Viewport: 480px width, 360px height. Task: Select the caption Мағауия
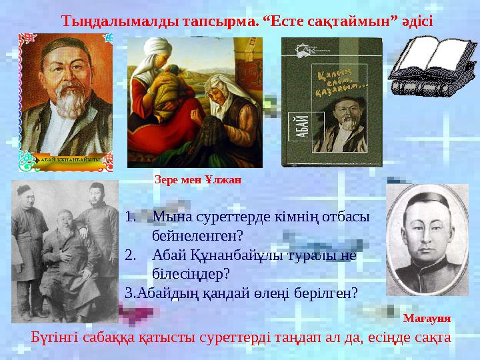click(x=427, y=319)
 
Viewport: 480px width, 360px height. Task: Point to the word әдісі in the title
click(x=415, y=20)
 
